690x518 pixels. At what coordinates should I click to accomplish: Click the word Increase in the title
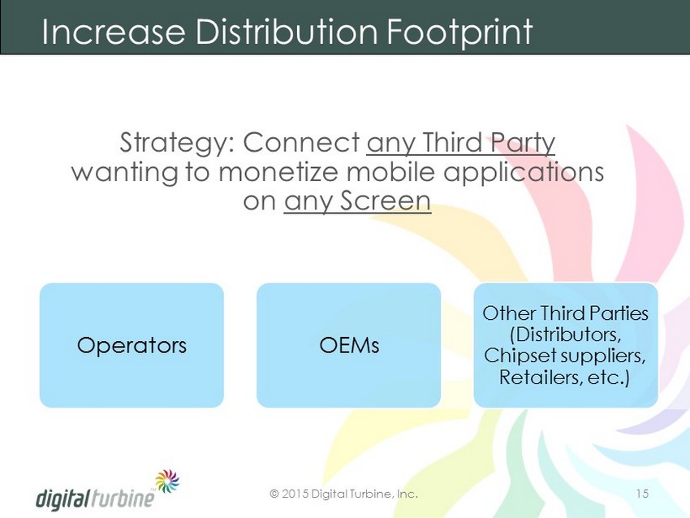(113, 32)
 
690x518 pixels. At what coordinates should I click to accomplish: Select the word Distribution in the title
(287, 32)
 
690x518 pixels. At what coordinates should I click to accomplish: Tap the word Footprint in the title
(460, 32)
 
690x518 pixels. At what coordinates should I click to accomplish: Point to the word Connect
(301, 143)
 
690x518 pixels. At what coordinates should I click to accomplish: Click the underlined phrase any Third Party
(461, 143)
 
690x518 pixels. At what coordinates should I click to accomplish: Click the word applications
(524, 172)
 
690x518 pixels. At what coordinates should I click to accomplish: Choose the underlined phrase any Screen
(357, 201)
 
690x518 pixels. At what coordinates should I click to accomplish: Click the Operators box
(132, 345)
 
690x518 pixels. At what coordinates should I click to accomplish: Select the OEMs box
(349, 345)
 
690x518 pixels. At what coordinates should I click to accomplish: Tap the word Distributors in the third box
(566, 335)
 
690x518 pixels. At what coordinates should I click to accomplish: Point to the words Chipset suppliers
(565, 356)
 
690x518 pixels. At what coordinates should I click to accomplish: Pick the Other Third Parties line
(566, 313)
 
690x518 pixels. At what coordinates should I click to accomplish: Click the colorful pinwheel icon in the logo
(167, 481)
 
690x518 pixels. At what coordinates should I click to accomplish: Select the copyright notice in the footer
(343, 494)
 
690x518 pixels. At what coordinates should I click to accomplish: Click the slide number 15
(642, 494)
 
